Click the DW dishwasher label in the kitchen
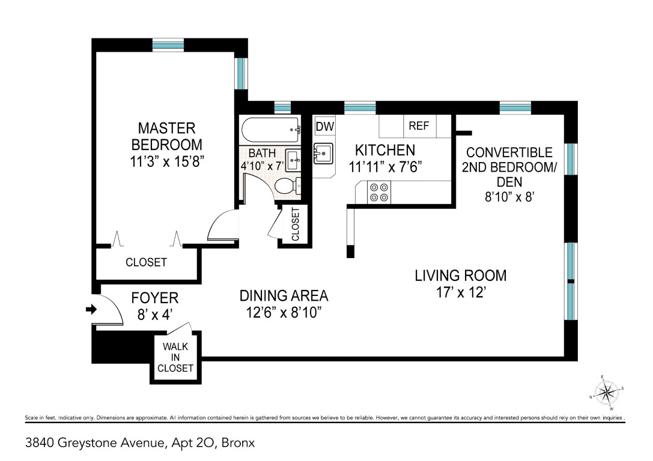[325, 127]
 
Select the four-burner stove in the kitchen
[379, 193]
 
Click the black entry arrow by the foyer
[91, 309]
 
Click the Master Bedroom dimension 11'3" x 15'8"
[166, 161]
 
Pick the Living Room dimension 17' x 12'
[461, 292]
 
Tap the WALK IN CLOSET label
[175, 357]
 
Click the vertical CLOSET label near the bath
[296, 224]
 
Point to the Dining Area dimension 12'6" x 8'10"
[284, 312]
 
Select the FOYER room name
[155, 298]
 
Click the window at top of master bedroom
[168, 44]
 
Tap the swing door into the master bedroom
[223, 225]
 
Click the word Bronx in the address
[238, 443]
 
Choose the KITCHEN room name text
[385, 150]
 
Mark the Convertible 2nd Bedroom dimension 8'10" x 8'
[509, 196]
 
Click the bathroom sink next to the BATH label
[294, 158]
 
